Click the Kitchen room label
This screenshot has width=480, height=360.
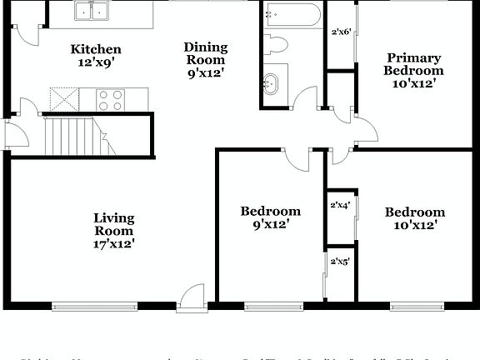(96, 56)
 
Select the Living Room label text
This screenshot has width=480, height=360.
(114, 231)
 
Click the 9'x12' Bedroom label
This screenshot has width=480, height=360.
(270, 217)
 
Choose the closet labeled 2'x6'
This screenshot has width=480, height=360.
(341, 32)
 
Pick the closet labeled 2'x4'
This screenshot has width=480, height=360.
(339, 204)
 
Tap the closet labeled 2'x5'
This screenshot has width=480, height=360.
(339, 261)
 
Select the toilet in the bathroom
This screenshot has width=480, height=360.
(277, 44)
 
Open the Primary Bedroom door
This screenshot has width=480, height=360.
(364, 131)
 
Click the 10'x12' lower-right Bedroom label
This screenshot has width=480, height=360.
(414, 218)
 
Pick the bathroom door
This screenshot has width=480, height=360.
(305, 97)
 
